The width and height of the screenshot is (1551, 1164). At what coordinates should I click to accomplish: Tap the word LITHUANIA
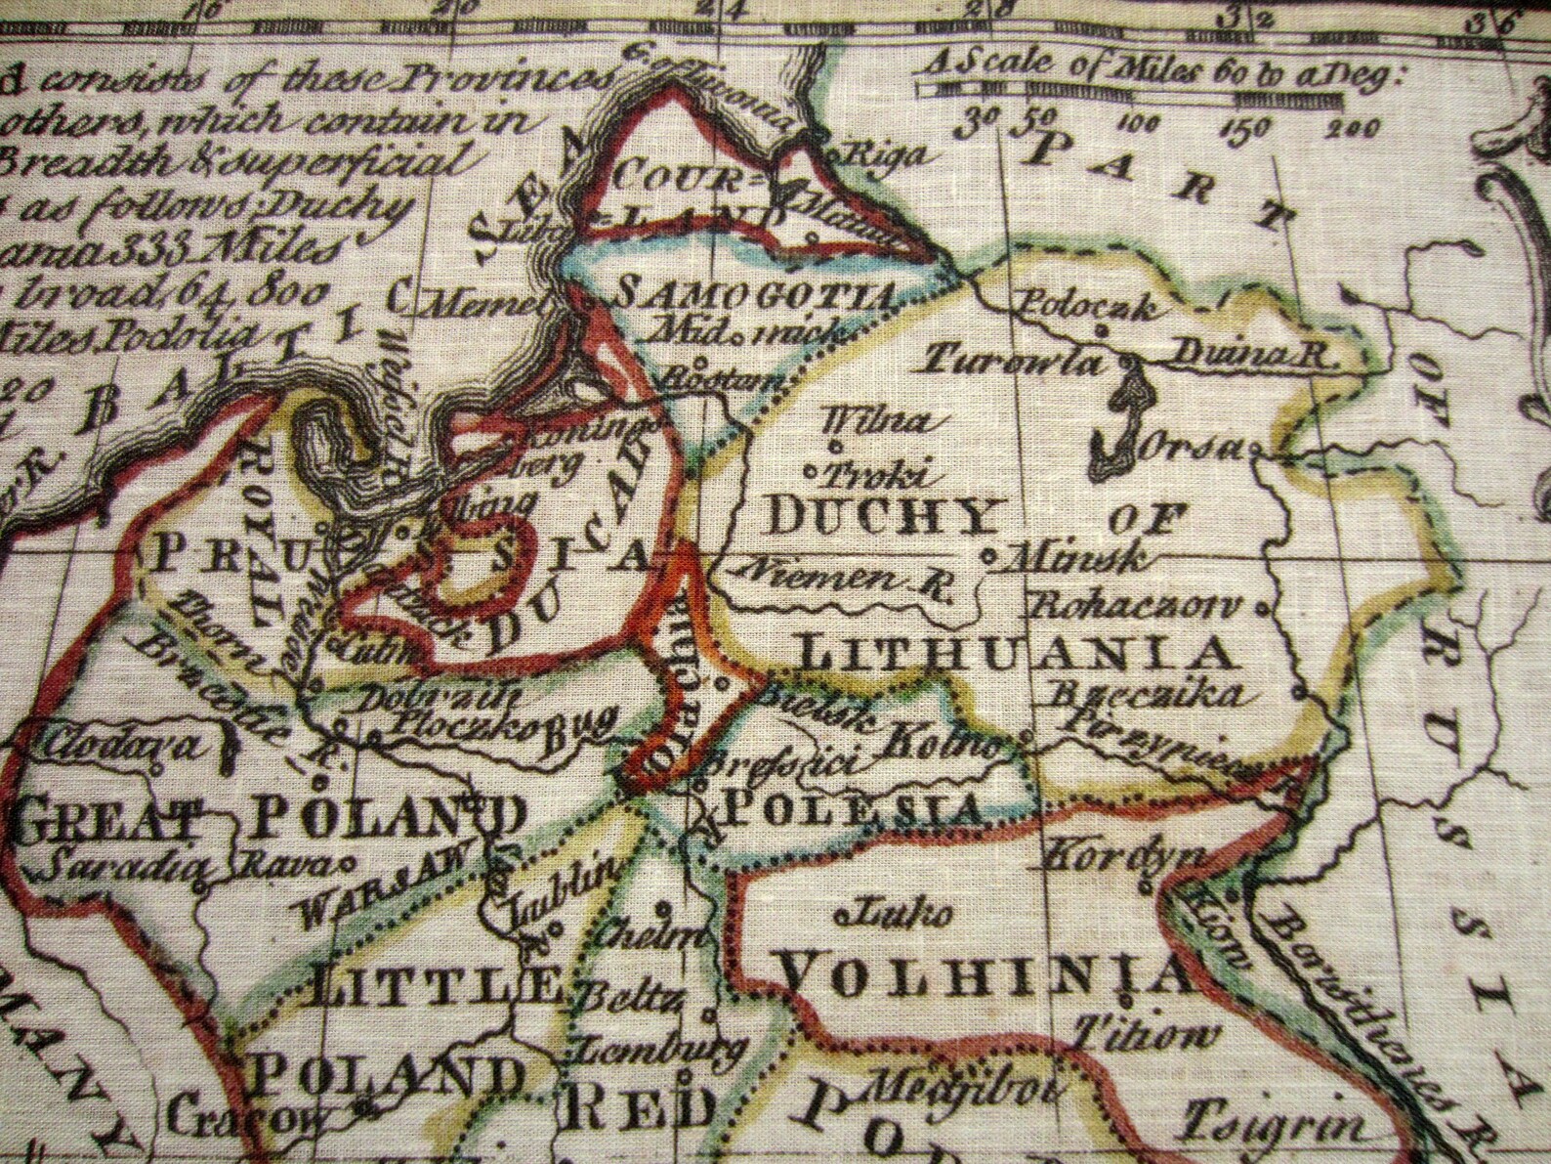click(1012, 651)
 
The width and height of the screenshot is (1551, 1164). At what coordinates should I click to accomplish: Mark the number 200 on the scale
click(1353, 127)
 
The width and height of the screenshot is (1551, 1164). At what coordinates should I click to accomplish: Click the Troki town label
click(875, 475)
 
